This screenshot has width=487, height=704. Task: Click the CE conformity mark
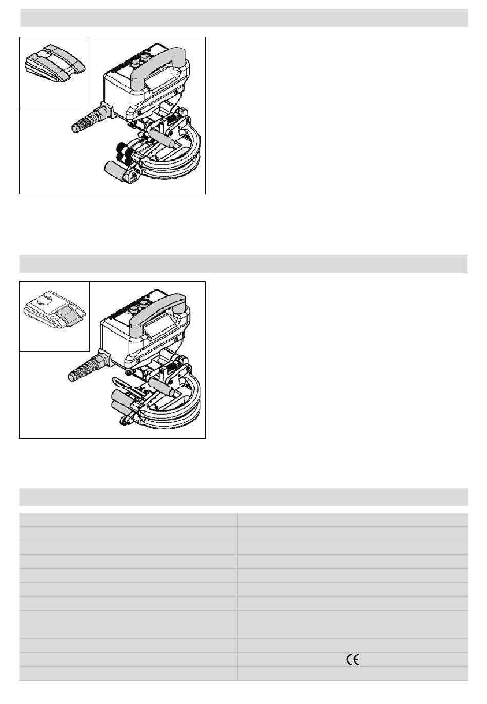[353, 660]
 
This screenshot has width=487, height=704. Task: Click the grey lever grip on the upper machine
[161, 138]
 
